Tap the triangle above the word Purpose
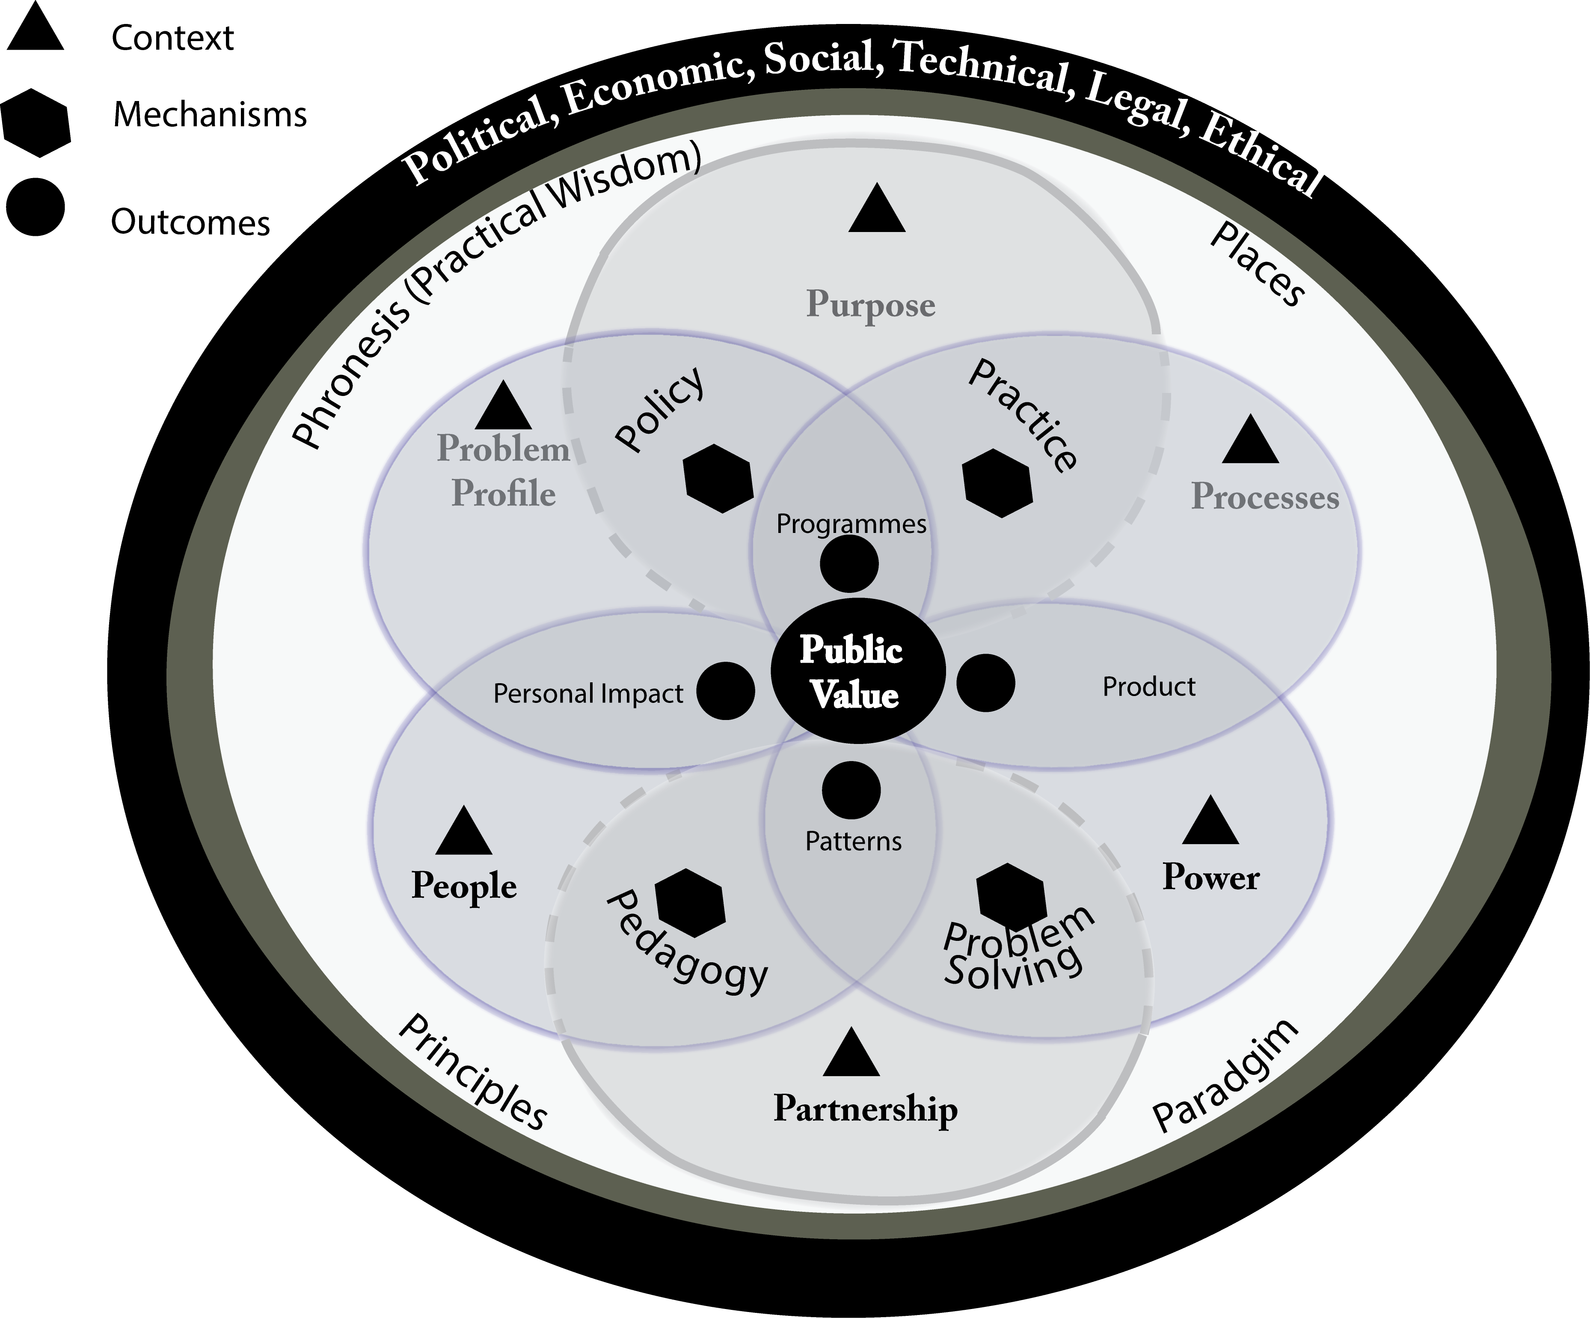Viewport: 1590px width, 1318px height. [877, 208]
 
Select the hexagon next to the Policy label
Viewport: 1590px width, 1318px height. [718, 479]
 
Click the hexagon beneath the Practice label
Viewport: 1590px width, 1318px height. [998, 483]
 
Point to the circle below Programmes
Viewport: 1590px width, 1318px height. [849, 564]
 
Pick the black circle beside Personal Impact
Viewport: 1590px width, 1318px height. [725, 691]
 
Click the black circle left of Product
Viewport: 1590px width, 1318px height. [986, 683]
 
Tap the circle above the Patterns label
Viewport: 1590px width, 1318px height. [851, 791]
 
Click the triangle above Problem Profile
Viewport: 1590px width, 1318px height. [504, 405]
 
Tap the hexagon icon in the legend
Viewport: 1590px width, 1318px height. [36, 123]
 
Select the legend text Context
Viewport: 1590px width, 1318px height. [172, 38]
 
